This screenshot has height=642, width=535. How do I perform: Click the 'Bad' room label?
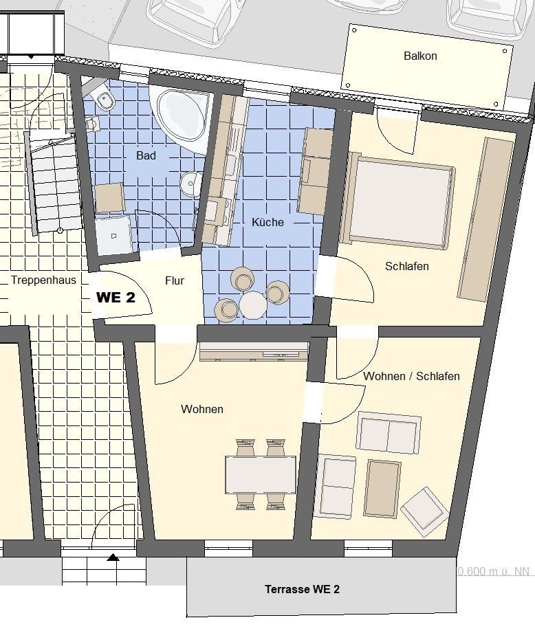point(146,156)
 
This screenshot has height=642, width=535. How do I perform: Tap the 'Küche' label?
point(267,222)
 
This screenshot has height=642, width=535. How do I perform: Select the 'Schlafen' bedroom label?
point(406,266)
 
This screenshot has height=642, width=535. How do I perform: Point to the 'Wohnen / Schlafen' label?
point(411,376)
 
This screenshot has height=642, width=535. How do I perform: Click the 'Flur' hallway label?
point(175,280)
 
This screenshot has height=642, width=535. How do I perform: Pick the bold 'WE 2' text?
point(115,298)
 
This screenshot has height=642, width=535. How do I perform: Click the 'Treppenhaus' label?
point(43,280)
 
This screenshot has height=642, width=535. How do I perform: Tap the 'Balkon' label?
point(420,56)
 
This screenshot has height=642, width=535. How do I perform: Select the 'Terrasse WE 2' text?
point(302,589)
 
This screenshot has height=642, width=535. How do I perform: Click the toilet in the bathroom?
point(106,100)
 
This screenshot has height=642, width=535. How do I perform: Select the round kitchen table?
point(252,305)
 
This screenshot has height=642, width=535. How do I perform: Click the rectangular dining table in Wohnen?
point(261,474)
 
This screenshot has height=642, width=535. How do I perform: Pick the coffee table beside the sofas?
point(383,487)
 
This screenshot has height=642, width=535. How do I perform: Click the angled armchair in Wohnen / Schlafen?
point(424,511)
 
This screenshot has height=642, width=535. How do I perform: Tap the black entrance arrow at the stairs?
point(112,557)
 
